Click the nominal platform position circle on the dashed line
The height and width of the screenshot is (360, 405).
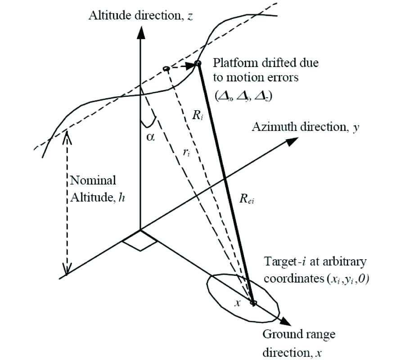tap(166, 69)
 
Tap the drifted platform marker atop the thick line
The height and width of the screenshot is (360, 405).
tap(198, 64)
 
